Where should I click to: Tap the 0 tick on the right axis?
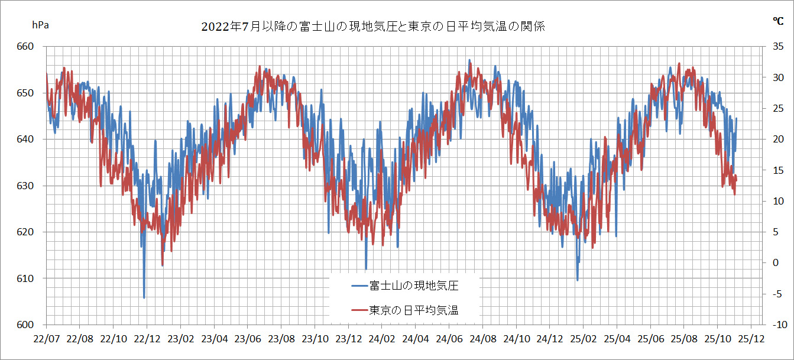(779, 263)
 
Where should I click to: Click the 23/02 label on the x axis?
(180, 339)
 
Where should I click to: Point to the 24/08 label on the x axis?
(482, 339)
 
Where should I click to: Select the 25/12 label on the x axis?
(751, 339)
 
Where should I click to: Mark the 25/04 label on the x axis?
(617, 339)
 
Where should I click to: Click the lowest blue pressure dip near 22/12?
(144, 297)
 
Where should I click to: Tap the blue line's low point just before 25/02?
(577, 280)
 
